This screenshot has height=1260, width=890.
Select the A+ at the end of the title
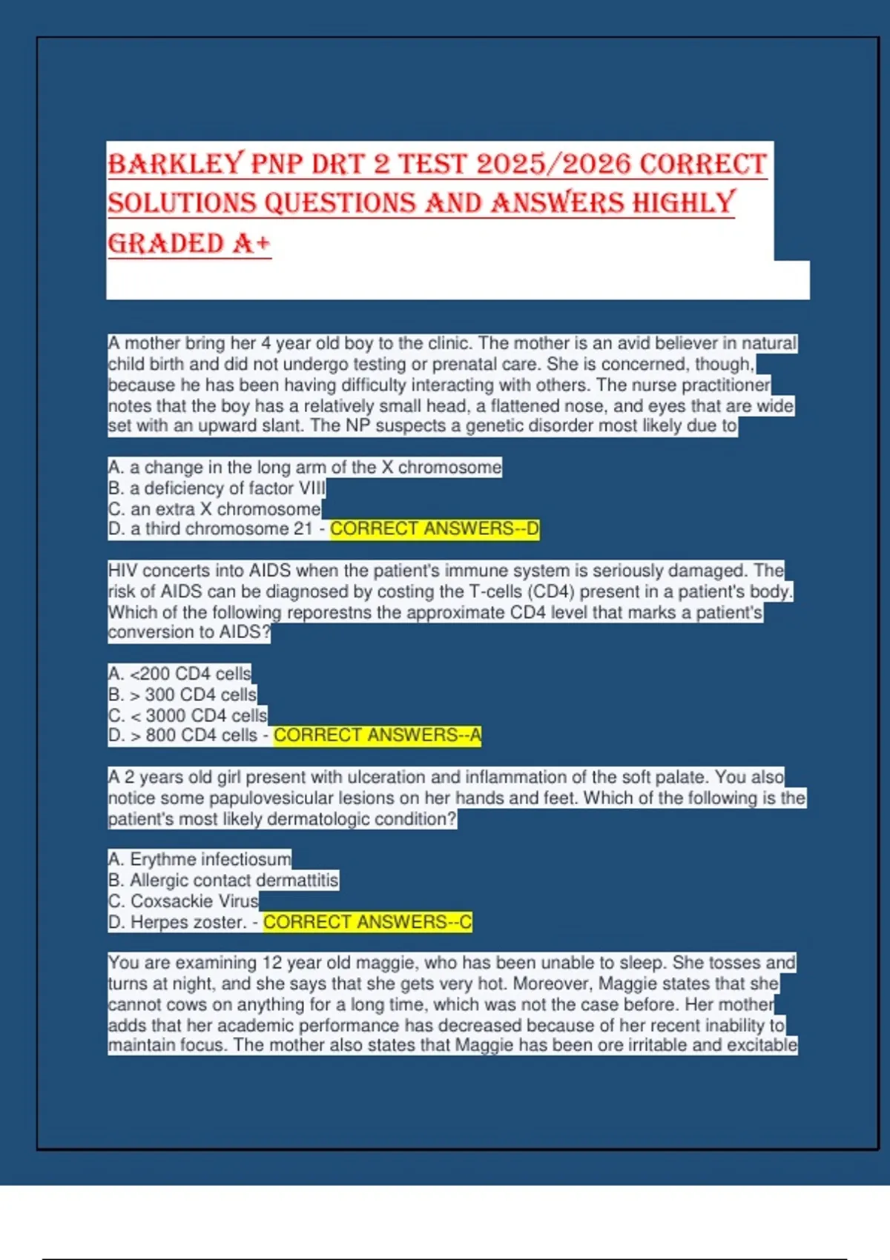pyautogui.click(x=251, y=243)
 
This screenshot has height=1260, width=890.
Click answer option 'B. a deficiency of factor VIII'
pyautogui.click(x=217, y=488)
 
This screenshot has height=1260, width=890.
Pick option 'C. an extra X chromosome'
pyautogui.click(x=214, y=509)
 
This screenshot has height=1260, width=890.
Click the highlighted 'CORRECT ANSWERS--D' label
pyautogui.click(x=435, y=528)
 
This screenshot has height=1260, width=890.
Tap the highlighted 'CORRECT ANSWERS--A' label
pyautogui.click(x=378, y=735)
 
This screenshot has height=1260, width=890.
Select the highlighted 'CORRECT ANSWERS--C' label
pyautogui.click(x=368, y=922)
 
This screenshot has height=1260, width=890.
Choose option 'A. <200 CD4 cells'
pyautogui.click(x=179, y=674)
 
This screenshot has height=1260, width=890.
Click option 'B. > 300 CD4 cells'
pyautogui.click(x=182, y=694)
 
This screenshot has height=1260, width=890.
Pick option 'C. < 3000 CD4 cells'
pyautogui.click(x=188, y=715)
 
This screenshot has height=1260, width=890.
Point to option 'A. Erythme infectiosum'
pyautogui.click(x=200, y=859)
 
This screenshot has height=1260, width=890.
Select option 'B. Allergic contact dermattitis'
pyautogui.click(x=223, y=880)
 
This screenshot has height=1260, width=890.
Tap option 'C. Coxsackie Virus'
pyautogui.click(x=183, y=901)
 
